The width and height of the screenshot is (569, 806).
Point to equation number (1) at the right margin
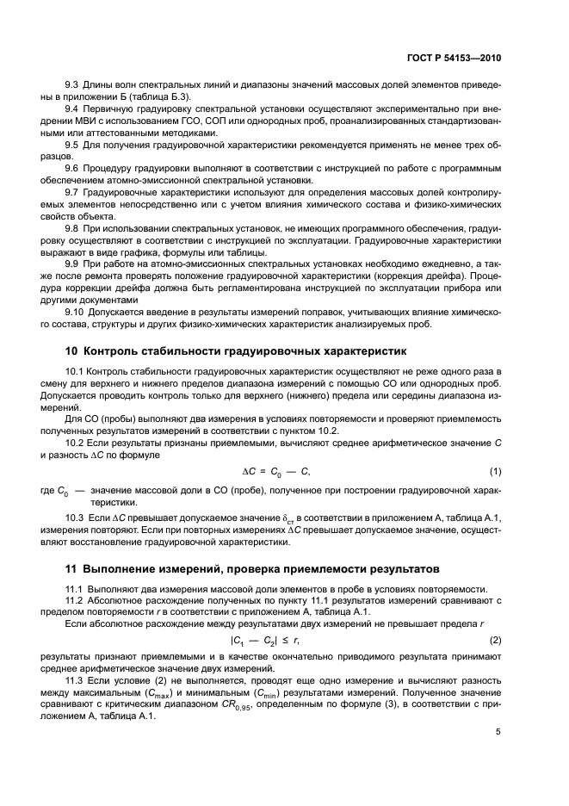[496, 471]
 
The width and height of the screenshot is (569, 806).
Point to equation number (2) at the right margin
[496, 641]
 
